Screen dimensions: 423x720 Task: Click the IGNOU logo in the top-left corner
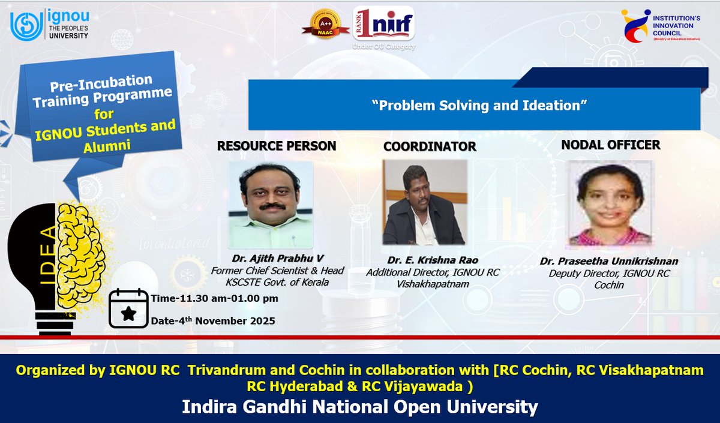click(49, 26)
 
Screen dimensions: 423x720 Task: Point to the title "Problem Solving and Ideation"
click(478, 105)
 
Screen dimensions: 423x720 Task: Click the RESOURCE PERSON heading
click(276, 146)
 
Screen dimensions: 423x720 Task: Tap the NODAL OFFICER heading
click(611, 145)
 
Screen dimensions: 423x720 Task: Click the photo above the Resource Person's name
click(271, 205)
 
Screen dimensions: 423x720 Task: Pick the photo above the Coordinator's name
click(424, 202)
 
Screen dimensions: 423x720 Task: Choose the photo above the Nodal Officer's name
click(610, 203)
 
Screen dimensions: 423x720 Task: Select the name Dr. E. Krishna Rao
click(424, 261)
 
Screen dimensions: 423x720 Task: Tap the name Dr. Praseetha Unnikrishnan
click(609, 262)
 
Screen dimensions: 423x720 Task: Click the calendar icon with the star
click(128, 308)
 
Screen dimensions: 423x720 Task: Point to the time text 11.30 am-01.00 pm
click(214, 298)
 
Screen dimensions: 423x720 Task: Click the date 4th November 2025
click(213, 320)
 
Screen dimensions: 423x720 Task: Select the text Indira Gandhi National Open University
click(360, 407)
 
